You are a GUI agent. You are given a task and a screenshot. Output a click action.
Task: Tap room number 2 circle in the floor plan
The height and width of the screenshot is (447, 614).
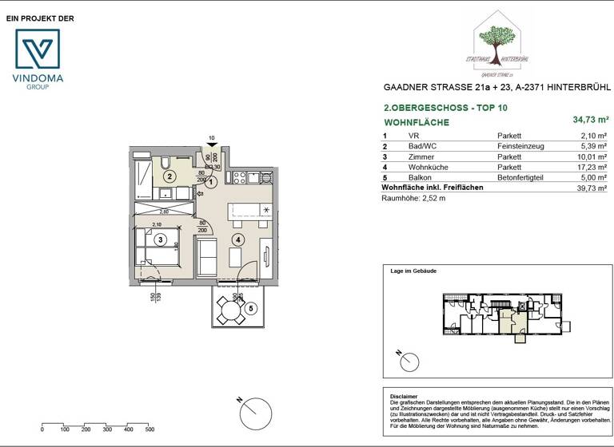coord(169,176)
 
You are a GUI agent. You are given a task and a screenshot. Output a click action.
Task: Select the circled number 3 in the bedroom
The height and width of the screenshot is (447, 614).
coord(161,239)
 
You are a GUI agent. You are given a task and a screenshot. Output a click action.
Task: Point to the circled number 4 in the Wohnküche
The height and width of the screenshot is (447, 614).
coord(237,239)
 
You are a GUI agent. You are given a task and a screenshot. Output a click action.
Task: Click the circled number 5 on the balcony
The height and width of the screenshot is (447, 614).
coord(250,308)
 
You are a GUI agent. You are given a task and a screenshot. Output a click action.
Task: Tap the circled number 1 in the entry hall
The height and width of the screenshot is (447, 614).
coord(211,182)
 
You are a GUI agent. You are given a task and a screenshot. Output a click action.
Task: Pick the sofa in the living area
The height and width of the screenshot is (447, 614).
coord(206,255)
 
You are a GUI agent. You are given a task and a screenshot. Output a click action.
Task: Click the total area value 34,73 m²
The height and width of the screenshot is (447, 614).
coord(589,121)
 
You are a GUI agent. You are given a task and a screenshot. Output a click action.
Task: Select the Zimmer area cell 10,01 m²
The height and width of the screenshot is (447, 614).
coord(592,157)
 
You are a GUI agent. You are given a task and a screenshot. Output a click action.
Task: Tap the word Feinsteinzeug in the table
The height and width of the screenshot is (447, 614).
coord(520,147)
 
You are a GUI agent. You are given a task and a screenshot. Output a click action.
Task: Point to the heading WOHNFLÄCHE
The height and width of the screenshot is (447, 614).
coord(417,122)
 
